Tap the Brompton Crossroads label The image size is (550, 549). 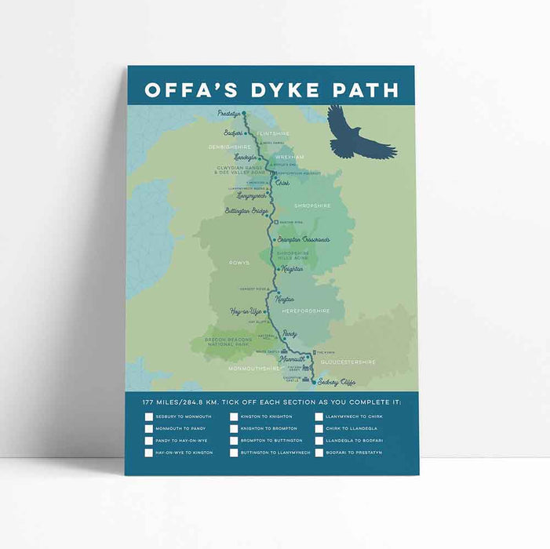point(304,239)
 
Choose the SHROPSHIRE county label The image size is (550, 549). point(312,205)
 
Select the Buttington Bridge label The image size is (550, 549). point(246,212)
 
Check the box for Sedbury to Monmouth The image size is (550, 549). point(149,416)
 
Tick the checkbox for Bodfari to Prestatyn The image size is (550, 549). point(319,453)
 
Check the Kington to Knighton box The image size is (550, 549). point(235,416)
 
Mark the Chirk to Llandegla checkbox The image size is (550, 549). point(319,428)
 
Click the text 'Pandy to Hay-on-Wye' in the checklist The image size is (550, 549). point(183,441)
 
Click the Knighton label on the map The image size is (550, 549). point(292,268)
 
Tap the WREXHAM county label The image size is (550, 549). point(290,157)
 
